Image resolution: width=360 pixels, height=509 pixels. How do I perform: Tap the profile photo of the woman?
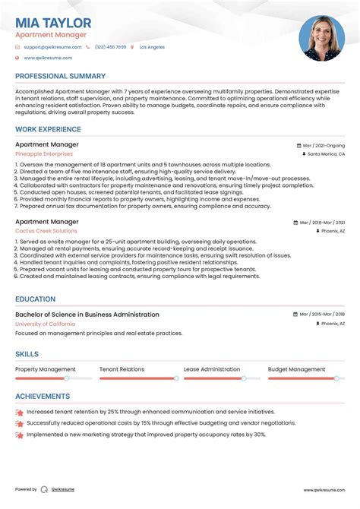point(321,38)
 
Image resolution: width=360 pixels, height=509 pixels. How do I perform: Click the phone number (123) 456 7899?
point(110,47)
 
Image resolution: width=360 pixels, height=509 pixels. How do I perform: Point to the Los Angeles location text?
point(151,47)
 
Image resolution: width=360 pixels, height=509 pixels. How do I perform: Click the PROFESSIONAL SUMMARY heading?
point(60,77)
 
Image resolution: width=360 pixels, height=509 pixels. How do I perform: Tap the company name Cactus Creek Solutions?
point(46,231)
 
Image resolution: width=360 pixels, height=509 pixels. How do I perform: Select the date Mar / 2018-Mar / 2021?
point(321,223)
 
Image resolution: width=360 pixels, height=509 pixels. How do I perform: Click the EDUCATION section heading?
point(35,299)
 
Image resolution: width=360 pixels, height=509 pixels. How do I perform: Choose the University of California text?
point(45,324)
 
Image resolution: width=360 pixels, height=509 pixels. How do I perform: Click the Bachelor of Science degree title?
point(87,315)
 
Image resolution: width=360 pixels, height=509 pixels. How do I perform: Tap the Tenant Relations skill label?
point(122,369)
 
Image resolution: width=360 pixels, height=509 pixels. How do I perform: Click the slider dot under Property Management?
point(66,378)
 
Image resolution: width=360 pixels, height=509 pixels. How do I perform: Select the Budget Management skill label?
point(296,369)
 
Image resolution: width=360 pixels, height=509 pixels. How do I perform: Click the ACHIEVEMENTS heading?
point(43,396)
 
